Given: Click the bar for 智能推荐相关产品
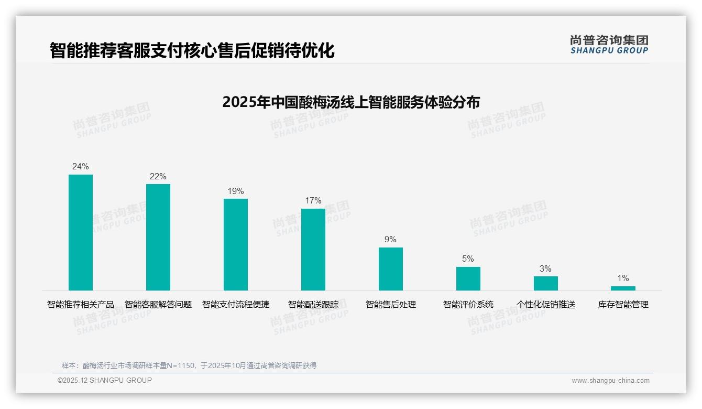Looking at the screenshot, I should [81, 232].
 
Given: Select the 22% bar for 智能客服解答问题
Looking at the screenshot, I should [158, 237].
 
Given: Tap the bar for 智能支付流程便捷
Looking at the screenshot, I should [236, 244].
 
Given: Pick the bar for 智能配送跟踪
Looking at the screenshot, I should [313, 250].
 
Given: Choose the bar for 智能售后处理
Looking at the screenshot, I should [391, 269].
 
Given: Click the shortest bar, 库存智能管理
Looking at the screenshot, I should [623, 288].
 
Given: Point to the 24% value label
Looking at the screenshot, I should [81, 167].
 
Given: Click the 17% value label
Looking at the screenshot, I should [313, 201].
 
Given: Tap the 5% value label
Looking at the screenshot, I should [468, 259].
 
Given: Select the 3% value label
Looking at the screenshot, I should [545, 269].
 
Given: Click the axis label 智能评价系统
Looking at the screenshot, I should [468, 305].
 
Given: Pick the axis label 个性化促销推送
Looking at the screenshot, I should [545, 305].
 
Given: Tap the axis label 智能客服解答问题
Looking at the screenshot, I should [158, 305].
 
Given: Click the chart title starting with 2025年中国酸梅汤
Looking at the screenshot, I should [351, 102].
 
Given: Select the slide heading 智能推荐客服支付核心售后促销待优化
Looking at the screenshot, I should [192, 51].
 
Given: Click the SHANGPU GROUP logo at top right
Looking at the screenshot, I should [609, 45].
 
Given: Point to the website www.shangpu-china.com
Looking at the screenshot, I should [610, 381].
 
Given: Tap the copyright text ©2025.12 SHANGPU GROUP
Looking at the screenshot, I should [105, 380].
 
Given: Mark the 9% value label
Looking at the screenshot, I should [390, 240].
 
